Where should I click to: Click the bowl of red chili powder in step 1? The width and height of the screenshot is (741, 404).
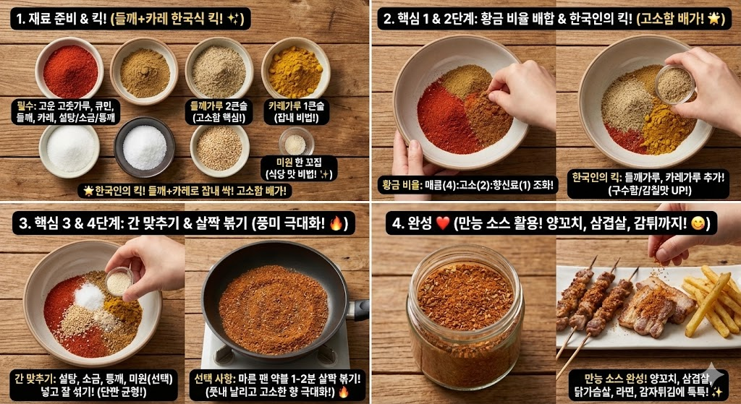click(x=69, y=71)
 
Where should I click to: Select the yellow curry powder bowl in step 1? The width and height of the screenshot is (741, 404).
click(x=295, y=72)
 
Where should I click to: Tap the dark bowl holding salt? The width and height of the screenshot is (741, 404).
click(x=145, y=147)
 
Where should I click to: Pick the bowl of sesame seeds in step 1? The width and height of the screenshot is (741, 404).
click(x=219, y=147)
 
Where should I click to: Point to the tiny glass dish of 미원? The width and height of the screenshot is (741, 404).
click(x=296, y=141)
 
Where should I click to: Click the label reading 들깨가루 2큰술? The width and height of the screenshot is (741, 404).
click(x=219, y=111)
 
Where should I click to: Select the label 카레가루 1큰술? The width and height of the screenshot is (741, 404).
click(x=296, y=111)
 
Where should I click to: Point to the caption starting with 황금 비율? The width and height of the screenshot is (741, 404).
click(x=468, y=185)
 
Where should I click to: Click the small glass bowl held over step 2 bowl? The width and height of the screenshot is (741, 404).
click(x=674, y=84)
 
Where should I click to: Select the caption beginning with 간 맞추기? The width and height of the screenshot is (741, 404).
click(x=93, y=385)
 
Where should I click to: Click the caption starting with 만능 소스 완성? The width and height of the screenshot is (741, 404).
click(x=648, y=384)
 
